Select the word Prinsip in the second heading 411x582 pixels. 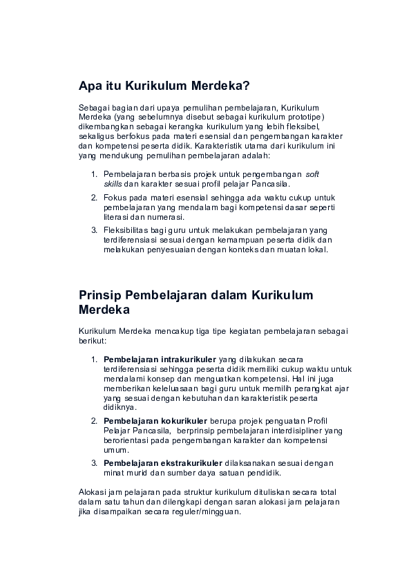pyautogui.click(x=102, y=295)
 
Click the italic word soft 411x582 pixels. pyautogui.click(x=312, y=173)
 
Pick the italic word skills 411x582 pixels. pyautogui.click(x=113, y=183)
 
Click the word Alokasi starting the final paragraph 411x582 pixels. pyautogui.click(x=92, y=492)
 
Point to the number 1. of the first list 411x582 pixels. pyautogui.click(x=95, y=173)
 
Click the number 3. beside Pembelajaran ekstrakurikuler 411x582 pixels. pyautogui.click(x=95, y=463)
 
